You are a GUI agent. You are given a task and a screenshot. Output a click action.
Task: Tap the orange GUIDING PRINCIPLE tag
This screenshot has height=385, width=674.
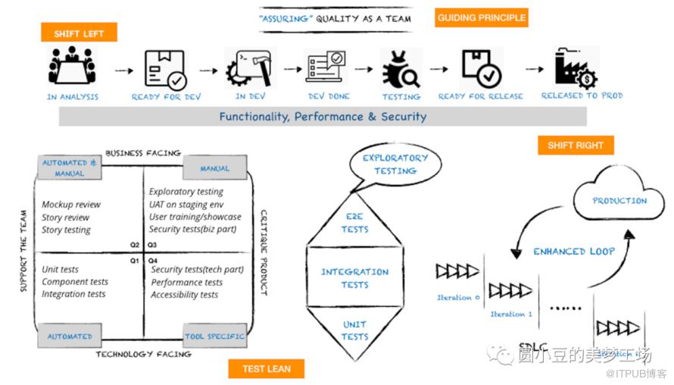point(481,17)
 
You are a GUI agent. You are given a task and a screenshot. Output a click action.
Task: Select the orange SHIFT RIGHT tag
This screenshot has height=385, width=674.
point(576,145)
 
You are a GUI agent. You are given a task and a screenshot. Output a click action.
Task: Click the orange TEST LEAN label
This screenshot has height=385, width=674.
point(267,368)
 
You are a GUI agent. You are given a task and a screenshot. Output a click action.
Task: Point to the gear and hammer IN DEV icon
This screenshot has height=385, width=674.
point(249,69)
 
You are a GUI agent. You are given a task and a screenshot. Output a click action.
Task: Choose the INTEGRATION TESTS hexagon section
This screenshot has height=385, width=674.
point(354,278)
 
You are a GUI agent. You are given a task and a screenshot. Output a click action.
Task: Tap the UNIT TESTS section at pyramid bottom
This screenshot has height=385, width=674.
point(354,330)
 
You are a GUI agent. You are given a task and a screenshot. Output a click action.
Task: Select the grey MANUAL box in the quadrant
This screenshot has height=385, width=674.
point(215,168)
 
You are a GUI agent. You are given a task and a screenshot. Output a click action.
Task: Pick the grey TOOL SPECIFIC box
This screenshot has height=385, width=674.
point(215,336)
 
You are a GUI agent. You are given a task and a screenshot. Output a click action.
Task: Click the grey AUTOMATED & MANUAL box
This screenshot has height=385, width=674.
point(70,168)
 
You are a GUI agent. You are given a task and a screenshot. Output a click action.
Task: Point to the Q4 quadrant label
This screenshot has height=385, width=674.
point(152,259)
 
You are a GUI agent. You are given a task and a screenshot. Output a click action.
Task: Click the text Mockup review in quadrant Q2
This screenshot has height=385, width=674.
point(71,205)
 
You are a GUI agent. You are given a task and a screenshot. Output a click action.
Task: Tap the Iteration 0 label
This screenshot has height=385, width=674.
point(458,297)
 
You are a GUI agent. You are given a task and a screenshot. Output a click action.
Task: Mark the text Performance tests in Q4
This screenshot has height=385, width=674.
point(186,282)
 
